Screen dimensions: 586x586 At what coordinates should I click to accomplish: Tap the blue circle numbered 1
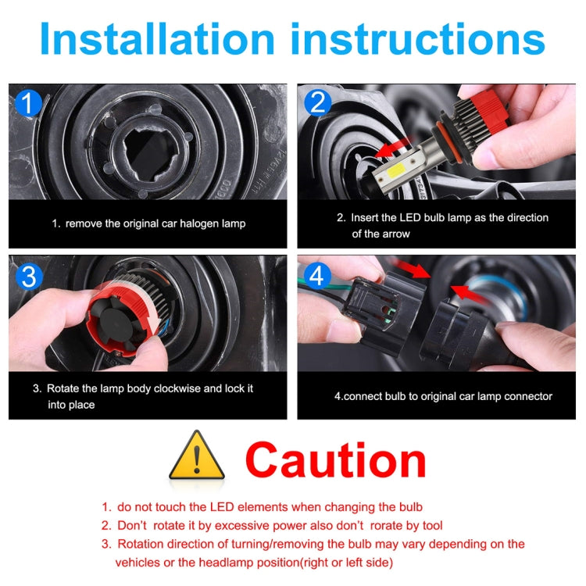point(27,105)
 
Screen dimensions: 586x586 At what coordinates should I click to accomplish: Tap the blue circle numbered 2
point(316,103)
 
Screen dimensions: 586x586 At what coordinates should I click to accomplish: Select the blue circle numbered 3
point(27,276)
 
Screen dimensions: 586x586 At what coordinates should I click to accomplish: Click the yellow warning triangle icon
point(197,456)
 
